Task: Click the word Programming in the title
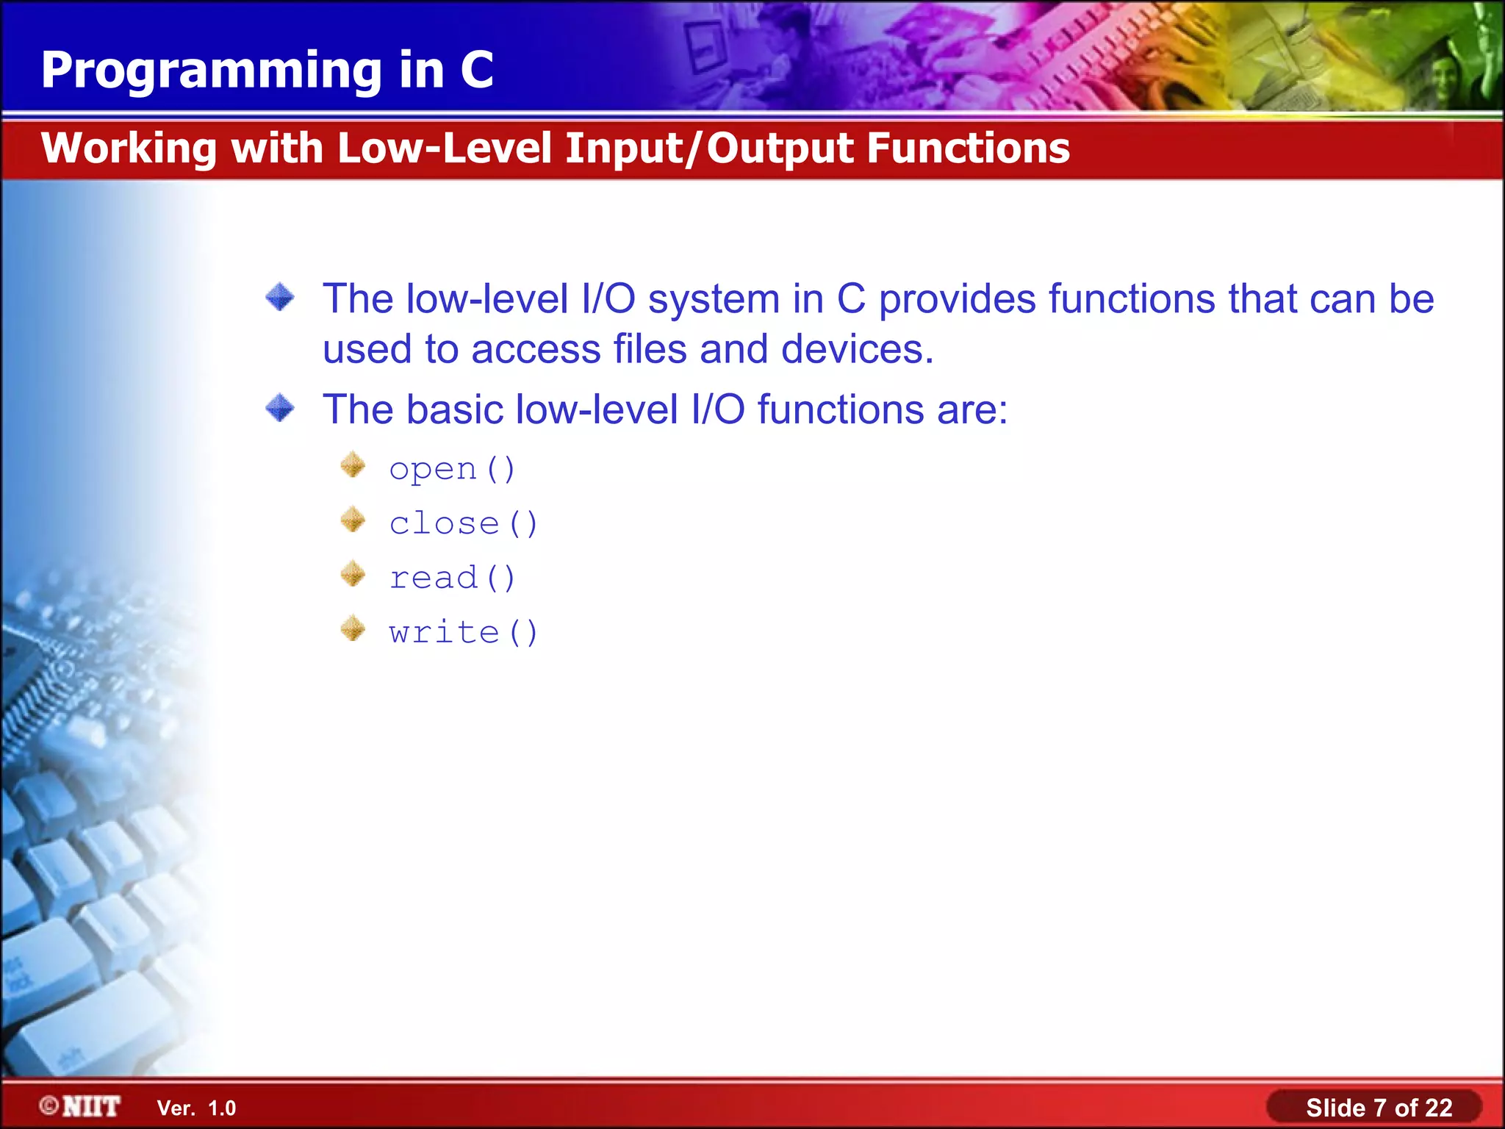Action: coord(212,71)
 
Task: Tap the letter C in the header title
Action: coord(477,70)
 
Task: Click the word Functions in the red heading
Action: coord(968,148)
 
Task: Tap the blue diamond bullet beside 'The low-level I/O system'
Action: coord(280,298)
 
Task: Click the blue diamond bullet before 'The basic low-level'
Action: coord(280,408)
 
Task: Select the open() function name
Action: coord(452,468)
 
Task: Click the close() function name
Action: coord(463,523)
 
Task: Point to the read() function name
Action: coord(452,578)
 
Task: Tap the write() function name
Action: coord(463,632)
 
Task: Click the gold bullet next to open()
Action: coord(353,465)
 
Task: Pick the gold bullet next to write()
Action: coord(353,628)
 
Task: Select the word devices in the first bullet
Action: coord(856,349)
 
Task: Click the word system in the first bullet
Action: coord(714,300)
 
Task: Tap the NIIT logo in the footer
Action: coord(81,1106)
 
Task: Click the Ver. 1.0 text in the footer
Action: coord(196,1108)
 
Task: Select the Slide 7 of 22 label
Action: coord(1379,1107)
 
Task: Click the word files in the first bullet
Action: coord(650,349)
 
